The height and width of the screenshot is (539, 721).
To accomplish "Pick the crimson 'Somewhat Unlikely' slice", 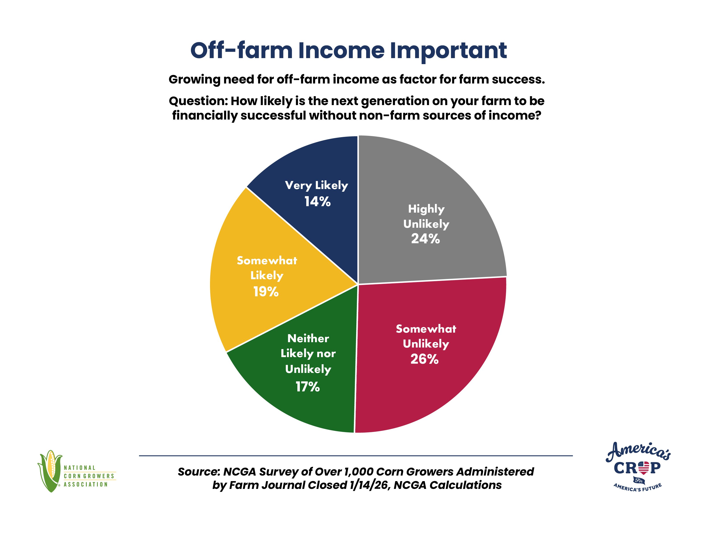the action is (430, 352).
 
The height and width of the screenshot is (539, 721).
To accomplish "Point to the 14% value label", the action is (317, 202).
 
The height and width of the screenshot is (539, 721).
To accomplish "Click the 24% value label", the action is (425, 239).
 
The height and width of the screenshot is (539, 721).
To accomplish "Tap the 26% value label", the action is (424, 359).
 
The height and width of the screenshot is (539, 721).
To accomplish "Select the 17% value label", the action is (308, 387).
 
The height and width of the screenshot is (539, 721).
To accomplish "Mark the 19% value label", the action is (266, 292).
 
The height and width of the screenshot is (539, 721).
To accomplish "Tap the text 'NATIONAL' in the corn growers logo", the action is (80, 468).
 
